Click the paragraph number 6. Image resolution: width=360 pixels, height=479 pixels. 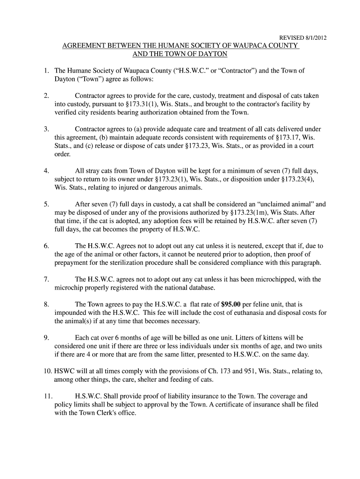46,246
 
